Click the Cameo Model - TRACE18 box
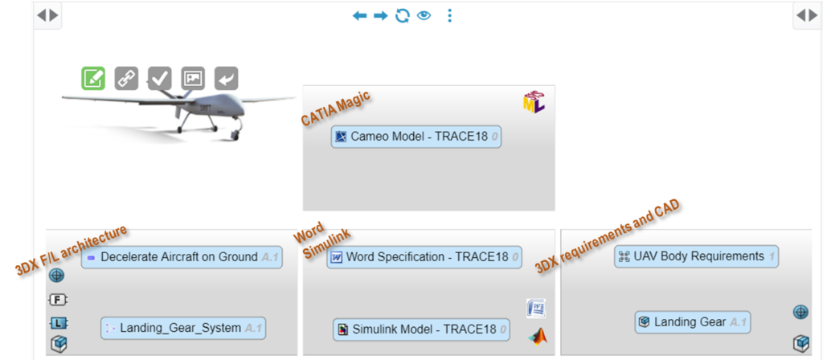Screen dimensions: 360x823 click(x=416, y=137)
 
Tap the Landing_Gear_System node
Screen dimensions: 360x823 click(x=183, y=328)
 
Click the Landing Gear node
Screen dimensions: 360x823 click(x=693, y=322)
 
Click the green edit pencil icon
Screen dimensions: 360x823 click(x=93, y=78)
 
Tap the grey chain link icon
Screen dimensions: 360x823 click(x=126, y=78)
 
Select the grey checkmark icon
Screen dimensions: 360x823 click(x=160, y=78)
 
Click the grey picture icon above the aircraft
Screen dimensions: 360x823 click(x=193, y=78)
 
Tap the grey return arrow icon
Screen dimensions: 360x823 click(x=227, y=78)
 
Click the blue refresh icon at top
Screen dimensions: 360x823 click(x=402, y=15)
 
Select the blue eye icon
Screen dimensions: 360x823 click(x=424, y=15)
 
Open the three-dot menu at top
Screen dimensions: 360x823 click(x=449, y=15)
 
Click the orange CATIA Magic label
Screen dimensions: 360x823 click(x=336, y=108)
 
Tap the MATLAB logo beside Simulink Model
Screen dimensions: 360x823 click(x=536, y=335)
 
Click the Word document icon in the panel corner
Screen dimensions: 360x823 click(x=536, y=308)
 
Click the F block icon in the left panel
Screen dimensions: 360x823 click(x=57, y=301)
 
